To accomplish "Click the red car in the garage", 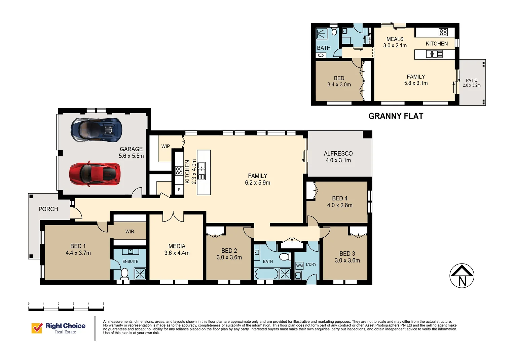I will pyautogui.click(x=95, y=173).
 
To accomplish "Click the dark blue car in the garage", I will pyautogui.click(x=96, y=129).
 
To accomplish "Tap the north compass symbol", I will pyautogui.click(x=462, y=276).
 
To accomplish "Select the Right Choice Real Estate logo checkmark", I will pyautogui.click(x=37, y=328).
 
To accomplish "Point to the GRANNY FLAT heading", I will pyautogui.click(x=396, y=116).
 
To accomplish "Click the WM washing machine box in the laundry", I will pyautogui.click(x=299, y=266).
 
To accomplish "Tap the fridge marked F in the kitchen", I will pyautogui.click(x=179, y=190).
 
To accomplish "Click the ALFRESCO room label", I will pyautogui.click(x=338, y=154).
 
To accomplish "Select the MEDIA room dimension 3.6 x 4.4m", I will pyautogui.click(x=177, y=253).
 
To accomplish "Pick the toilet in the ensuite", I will pyautogui.click(x=124, y=273).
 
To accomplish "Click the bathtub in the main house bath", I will pyautogui.click(x=266, y=274).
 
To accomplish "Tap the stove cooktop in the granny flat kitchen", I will pyautogui.click(x=443, y=32).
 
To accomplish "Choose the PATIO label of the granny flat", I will pyautogui.click(x=471, y=80).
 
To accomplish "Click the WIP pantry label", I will pyautogui.click(x=166, y=147).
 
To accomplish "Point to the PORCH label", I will pyautogui.click(x=48, y=209).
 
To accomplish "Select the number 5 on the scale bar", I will pyautogui.click(x=103, y=304).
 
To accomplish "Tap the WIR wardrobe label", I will pyautogui.click(x=130, y=232).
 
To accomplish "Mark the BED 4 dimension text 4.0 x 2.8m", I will pyautogui.click(x=339, y=205).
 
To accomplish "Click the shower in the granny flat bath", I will pyautogui.click(x=322, y=34).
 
